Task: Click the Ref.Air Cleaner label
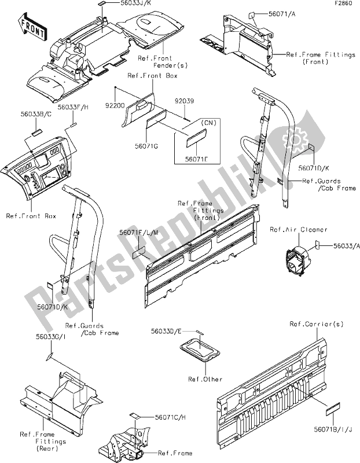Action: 299,230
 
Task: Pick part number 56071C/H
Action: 173,417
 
